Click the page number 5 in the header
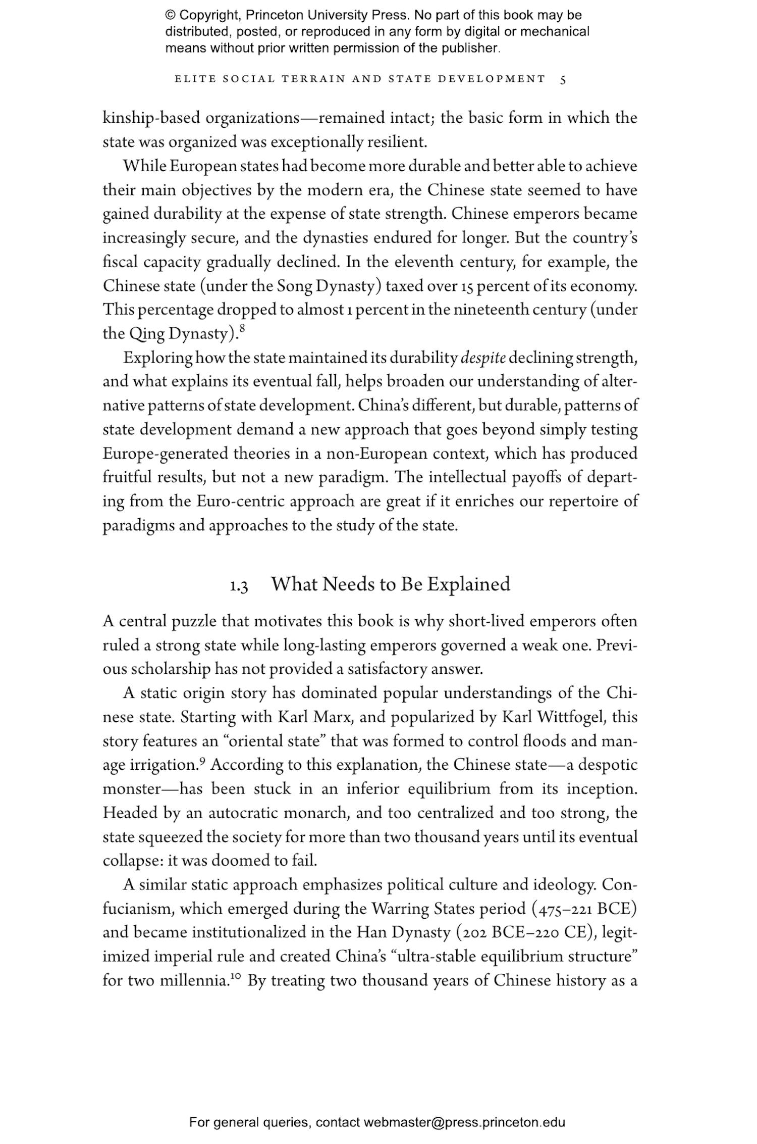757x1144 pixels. pos(563,80)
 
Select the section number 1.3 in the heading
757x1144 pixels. pos(239,586)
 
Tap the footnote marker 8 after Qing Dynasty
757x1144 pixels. pos(242,329)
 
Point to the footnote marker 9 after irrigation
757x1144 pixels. pos(202,762)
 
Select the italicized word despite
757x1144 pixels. pos(483,358)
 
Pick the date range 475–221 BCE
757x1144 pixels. pos(584,909)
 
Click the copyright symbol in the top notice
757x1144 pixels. pos(170,16)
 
